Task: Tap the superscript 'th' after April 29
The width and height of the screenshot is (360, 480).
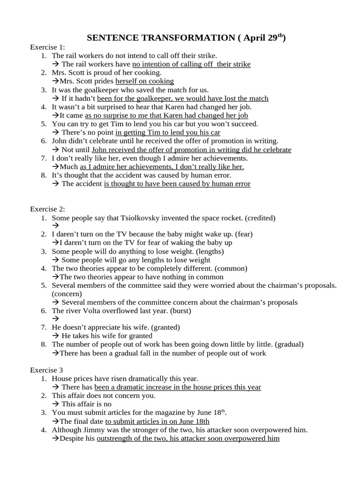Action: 280,36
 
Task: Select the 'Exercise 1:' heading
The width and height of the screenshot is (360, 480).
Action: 48,47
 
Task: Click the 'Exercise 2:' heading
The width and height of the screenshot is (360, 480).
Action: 48,209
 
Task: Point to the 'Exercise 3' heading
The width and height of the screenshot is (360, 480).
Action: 47,370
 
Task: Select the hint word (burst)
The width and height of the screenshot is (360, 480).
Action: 180,310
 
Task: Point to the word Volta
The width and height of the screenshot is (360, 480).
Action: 96,310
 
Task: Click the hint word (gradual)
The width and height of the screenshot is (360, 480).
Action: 289,344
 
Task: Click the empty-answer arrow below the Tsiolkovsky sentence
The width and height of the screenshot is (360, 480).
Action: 55,226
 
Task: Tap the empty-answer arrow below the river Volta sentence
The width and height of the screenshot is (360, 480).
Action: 55,319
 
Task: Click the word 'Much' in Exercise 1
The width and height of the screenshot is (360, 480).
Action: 69,166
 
